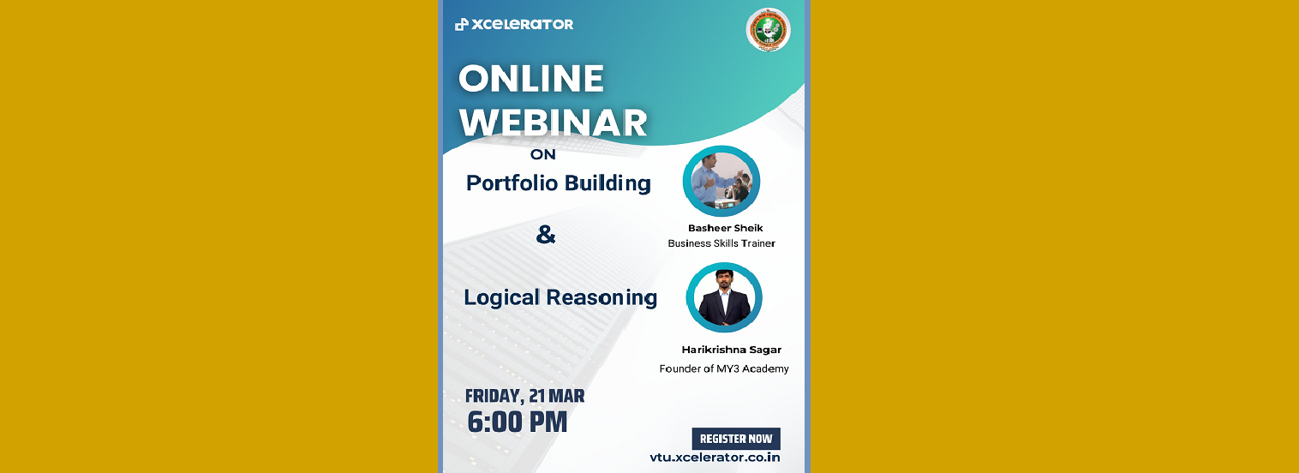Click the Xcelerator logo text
522,24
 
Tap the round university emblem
768,29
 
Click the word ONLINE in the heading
531,78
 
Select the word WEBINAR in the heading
554,123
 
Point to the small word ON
542,155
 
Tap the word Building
608,184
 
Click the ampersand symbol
546,234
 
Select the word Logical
501,298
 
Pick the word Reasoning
602,298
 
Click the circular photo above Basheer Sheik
721,181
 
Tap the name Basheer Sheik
726,229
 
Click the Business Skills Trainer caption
721,243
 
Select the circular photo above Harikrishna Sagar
724,297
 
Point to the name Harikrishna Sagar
731,350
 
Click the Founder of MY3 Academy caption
724,368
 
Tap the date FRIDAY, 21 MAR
524,396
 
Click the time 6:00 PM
518,422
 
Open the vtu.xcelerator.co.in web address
715,458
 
